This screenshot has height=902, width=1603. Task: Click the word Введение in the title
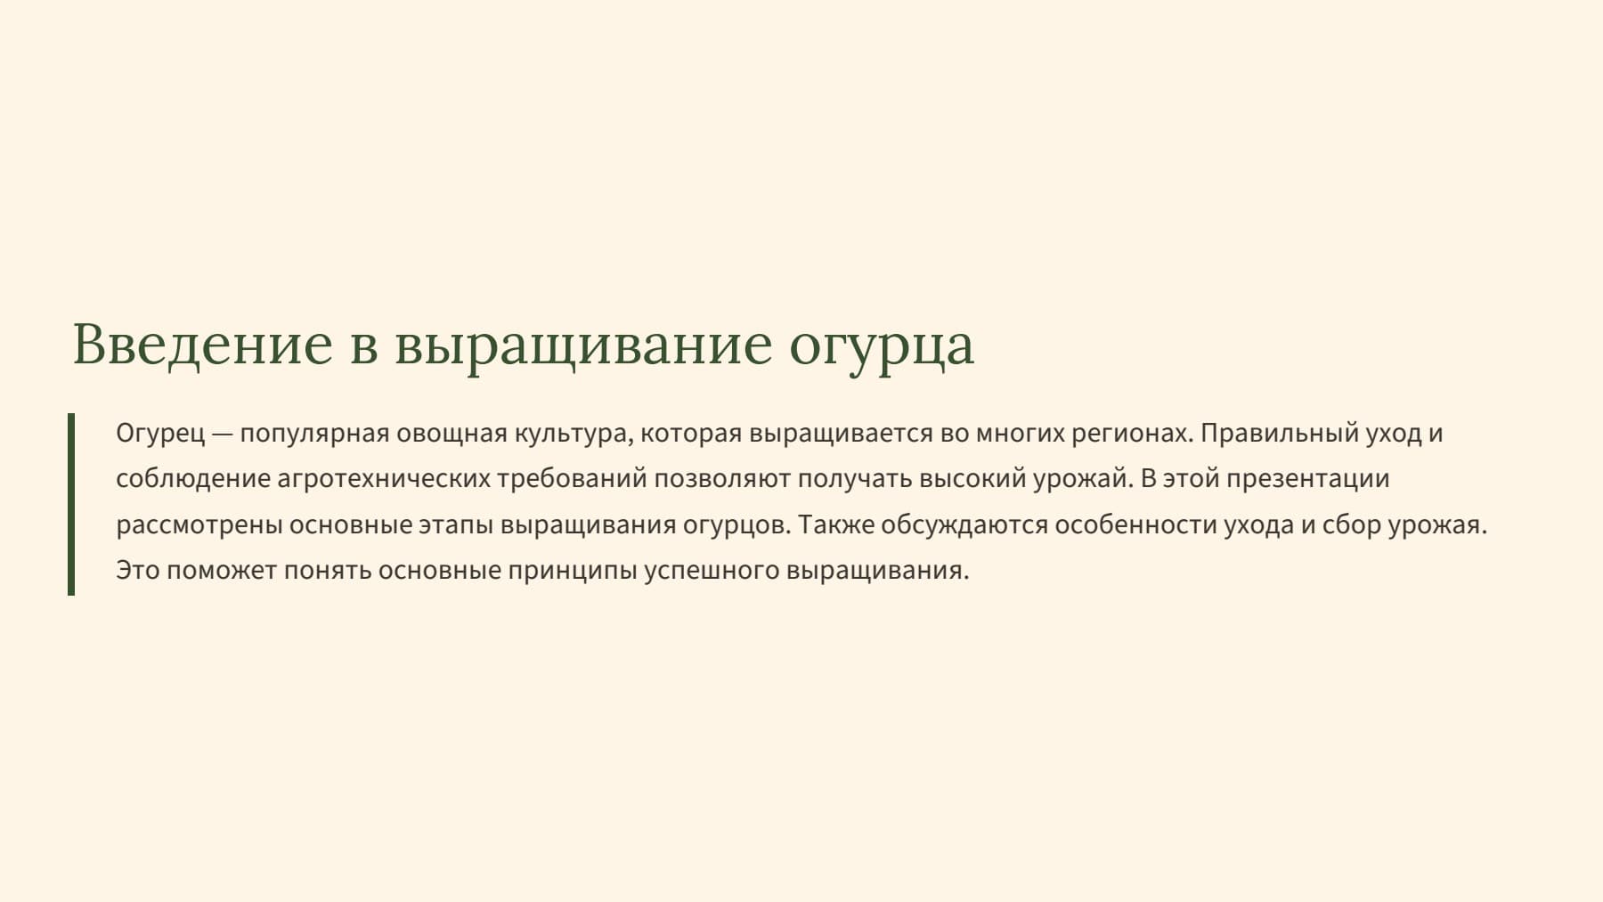point(202,345)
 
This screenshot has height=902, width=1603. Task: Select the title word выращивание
point(582,345)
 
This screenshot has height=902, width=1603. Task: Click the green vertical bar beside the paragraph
point(71,504)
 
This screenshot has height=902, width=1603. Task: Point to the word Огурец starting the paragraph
point(160,435)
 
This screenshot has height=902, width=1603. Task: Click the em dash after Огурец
point(223,435)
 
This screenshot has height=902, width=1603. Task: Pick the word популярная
point(314,435)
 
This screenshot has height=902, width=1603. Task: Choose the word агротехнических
point(383,479)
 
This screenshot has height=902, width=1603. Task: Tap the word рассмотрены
point(199,525)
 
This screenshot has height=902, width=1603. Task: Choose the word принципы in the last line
point(572,571)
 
